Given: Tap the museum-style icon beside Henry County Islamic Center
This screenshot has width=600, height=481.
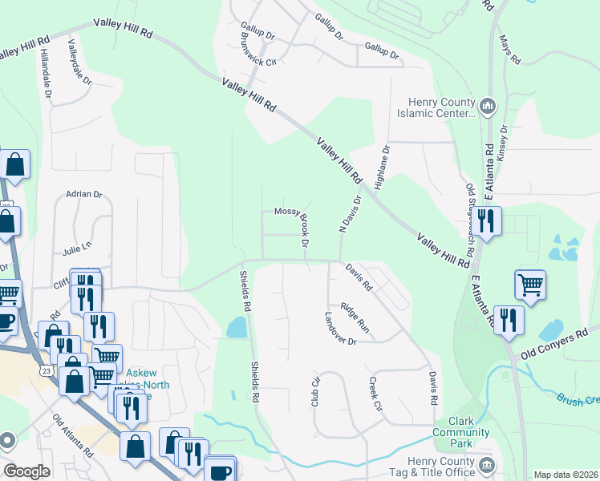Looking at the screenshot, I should click(488, 106).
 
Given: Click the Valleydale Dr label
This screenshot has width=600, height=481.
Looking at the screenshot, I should click(81, 62).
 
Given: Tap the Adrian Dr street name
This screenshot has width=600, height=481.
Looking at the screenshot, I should click(84, 194).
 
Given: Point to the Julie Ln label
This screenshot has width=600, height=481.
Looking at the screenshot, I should click(77, 250).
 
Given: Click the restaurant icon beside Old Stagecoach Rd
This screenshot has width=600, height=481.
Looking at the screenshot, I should click(486, 220).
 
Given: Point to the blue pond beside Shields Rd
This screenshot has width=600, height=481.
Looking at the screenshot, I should click(237, 326).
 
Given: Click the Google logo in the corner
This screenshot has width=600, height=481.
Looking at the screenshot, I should click(26, 471).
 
